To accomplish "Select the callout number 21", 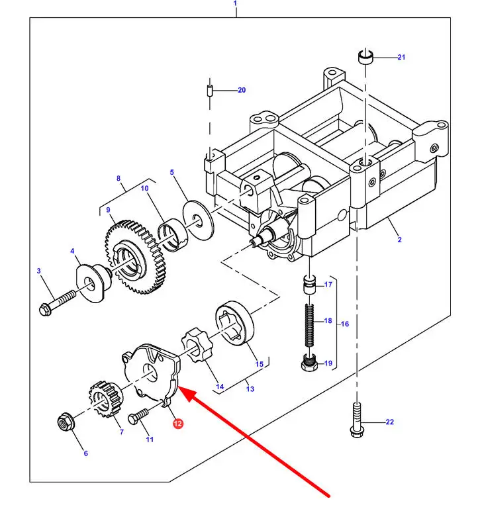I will tap(401, 58).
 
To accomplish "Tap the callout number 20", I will tap(241, 90).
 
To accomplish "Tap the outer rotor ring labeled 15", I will tap(235, 329).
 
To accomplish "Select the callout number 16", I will tap(344, 324).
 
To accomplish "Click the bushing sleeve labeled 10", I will tap(173, 235).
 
